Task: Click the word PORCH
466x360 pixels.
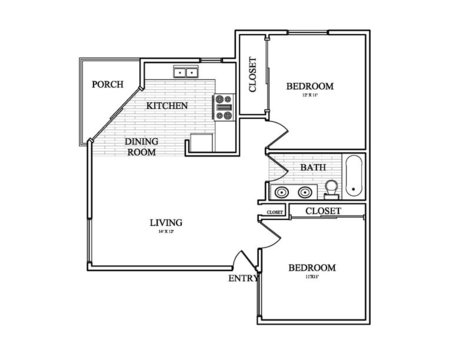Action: pyautogui.click(x=107, y=85)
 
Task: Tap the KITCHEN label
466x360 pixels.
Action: pyautogui.click(x=167, y=105)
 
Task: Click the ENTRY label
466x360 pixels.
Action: pyautogui.click(x=243, y=280)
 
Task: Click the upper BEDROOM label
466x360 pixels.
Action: pyautogui.click(x=310, y=87)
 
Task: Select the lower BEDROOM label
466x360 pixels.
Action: pyautogui.click(x=311, y=268)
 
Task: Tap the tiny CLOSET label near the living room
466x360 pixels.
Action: pyautogui.click(x=275, y=213)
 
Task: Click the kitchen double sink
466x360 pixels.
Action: pyautogui.click(x=184, y=72)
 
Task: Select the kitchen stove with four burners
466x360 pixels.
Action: pyautogui.click(x=224, y=105)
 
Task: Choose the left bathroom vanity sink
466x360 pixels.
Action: pyautogui.click(x=280, y=191)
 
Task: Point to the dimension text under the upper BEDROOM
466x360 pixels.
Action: pyautogui.click(x=310, y=97)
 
